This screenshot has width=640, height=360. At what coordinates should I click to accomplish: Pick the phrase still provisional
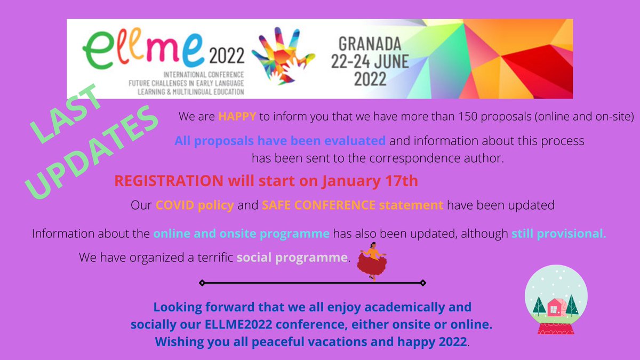[558, 234]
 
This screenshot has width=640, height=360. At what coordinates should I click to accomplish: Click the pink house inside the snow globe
[555, 307]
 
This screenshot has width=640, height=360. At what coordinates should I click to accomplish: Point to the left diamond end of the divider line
[202, 283]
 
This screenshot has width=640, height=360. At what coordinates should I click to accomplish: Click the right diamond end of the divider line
[422, 283]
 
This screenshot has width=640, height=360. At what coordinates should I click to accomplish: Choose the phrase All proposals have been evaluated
[280, 141]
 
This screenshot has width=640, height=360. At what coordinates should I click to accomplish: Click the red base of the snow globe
[556, 326]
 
